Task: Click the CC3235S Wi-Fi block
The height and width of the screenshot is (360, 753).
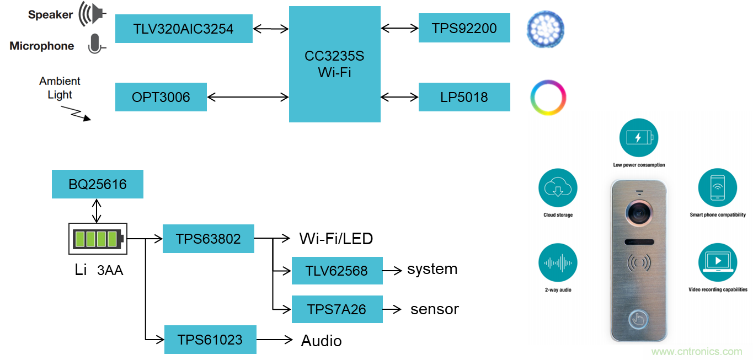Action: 334,64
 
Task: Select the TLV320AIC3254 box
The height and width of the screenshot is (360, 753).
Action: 184,29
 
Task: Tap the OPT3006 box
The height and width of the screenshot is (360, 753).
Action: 161,97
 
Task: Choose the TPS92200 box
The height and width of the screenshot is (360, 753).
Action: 464,28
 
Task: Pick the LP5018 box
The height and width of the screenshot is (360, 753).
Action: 464,97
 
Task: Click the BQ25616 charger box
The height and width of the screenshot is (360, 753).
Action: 97,184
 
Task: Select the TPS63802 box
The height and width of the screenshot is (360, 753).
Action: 208,239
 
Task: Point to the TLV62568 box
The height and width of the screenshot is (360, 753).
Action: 337,271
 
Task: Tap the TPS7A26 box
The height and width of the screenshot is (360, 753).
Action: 337,309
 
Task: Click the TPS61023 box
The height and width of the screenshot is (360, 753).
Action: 210,339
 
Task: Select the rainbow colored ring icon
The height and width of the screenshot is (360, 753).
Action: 548,98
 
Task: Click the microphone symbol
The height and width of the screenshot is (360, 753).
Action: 95,44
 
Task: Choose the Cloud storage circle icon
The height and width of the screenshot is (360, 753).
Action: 558,187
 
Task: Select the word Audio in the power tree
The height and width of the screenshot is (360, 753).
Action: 321,341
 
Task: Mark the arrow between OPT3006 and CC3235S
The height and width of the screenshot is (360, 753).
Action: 248,98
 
